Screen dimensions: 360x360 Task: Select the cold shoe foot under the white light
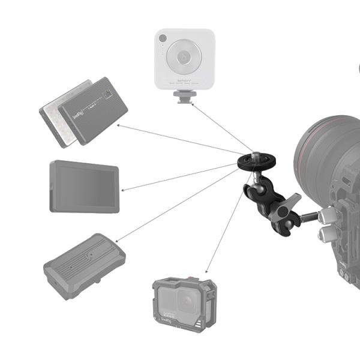[x=184, y=96]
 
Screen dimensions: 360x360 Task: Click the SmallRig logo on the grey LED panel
[x=79, y=113]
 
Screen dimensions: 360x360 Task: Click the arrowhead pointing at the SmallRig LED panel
[x=119, y=125]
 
